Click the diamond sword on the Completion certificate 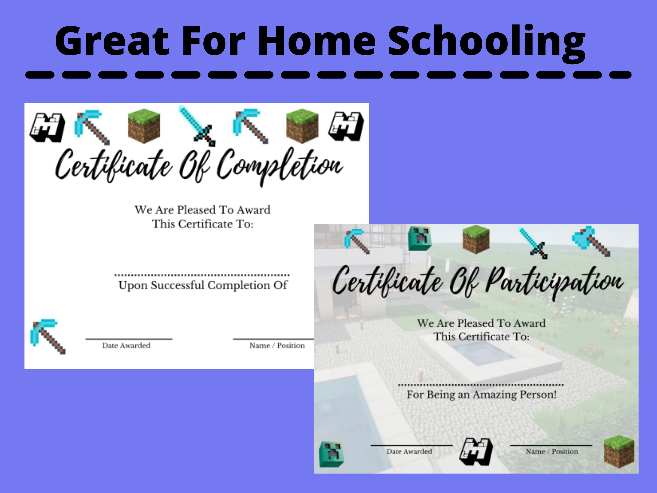pyautogui.click(x=197, y=126)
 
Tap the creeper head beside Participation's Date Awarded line pyautogui.click(x=331, y=454)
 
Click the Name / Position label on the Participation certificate pyautogui.click(x=552, y=451)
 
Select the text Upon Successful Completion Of pyautogui.click(x=202, y=285)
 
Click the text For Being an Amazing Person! pyautogui.click(x=481, y=395)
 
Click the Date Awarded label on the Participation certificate pyautogui.click(x=409, y=451)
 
